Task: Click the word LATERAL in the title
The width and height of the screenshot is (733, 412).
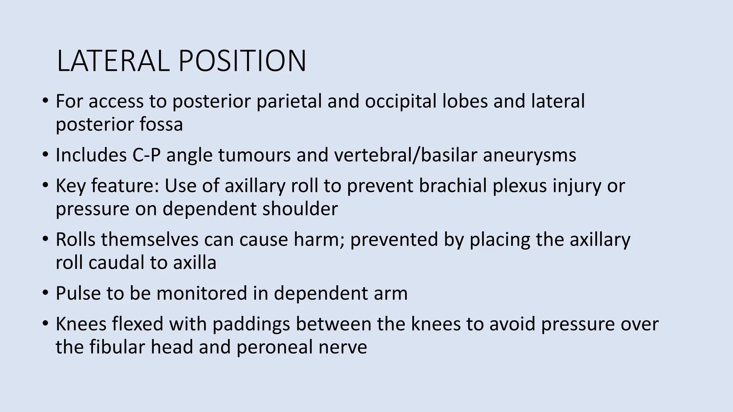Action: [x=113, y=61]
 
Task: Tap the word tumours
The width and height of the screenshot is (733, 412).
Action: [x=254, y=155]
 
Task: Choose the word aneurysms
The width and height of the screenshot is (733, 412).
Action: [x=529, y=155]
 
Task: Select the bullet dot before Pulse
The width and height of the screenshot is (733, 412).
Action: [x=45, y=293]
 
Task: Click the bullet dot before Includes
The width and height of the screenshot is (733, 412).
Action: [x=45, y=154]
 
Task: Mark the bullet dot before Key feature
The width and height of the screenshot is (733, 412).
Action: [x=45, y=185]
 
